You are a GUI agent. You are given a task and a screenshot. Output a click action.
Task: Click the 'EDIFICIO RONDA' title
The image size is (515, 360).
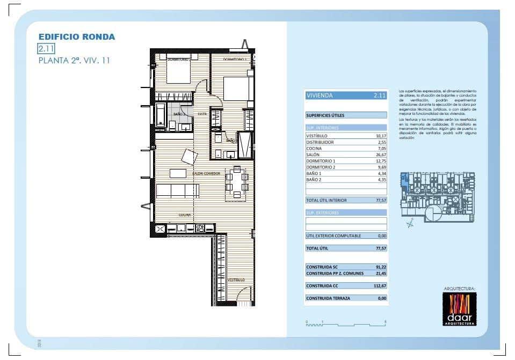pyautogui.click(x=76, y=37)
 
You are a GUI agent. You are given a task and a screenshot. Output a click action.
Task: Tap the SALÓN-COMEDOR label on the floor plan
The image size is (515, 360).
pyautogui.click(x=206, y=173)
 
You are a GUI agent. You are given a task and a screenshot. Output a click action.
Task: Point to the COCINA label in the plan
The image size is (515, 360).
pyautogui.click(x=185, y=215)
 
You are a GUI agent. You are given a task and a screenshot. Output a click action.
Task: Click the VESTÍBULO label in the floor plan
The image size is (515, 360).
pyautogui.click(x=236, y=280)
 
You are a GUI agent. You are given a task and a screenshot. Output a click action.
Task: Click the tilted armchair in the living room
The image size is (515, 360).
pyautogui.click(x=190, y=157)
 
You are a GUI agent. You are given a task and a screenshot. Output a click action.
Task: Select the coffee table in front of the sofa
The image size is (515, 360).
pyautogui.click(x=178, y=173)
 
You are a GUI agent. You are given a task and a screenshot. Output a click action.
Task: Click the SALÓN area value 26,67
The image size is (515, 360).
pyautogui.click(x=381, y=155)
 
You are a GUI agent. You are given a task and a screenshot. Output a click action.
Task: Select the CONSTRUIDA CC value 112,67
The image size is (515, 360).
pyautogui.click(x=379, y=286)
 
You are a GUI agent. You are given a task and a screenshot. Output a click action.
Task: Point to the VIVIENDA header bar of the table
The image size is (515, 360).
pyautogui.click(x=345, y=95)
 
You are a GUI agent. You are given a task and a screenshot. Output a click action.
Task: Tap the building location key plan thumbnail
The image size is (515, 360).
pyautogui.click(x=438, y=197)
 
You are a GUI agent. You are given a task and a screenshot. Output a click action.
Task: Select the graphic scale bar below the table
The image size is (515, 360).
pyautogui.click(x=346, y=324)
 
